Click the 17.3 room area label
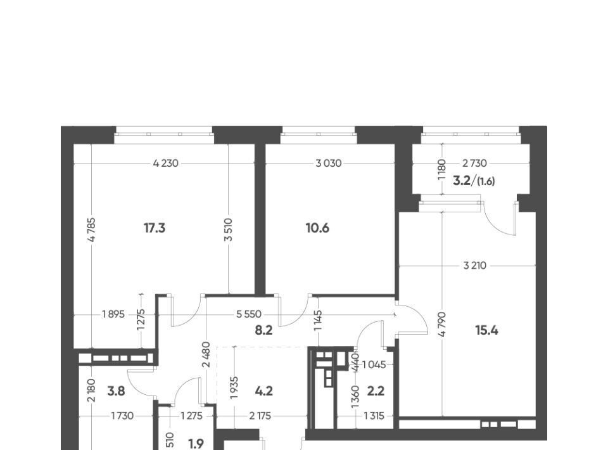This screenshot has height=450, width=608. tap(155, 228)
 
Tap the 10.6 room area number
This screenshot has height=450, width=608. tap(317, 228)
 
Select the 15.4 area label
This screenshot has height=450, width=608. tap(486, 330)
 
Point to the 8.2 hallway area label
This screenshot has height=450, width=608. tap(263, 330)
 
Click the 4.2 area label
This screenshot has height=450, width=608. tap(264, 391)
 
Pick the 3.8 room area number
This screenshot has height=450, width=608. tap(116, 391)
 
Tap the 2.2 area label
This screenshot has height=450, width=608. tap(376, 391)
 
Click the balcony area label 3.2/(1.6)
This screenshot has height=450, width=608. tap(474, 181)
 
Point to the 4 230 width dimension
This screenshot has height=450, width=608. tap(165, 164)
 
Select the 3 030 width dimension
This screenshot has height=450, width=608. tap(329, 164)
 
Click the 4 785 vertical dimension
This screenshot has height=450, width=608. tap(91, 229)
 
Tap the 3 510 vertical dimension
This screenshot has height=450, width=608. tap(229, 229)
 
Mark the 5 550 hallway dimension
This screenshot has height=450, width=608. tap(249, 314)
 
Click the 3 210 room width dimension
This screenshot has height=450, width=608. tap(474, 266)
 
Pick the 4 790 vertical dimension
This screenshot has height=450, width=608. tap(443, 324)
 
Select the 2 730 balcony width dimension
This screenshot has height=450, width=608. tap(474, 164)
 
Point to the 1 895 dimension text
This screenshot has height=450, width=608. tap(113, 314)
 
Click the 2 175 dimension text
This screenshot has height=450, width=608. tap(260, 416)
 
